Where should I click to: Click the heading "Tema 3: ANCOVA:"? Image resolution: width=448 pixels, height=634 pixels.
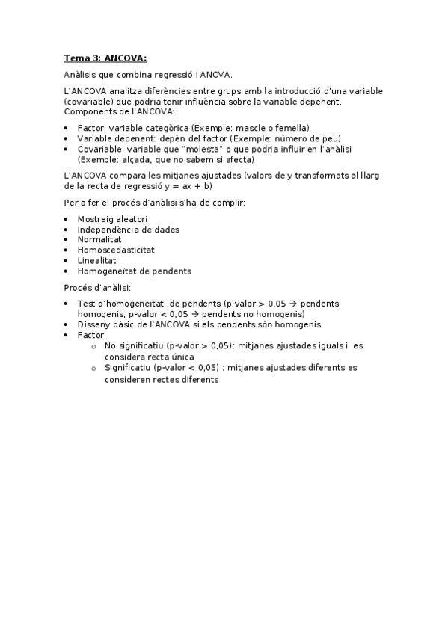[105, 58]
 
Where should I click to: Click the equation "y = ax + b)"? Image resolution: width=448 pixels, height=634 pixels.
[188, 186]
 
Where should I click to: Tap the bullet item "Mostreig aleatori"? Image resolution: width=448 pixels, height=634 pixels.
[112, 219]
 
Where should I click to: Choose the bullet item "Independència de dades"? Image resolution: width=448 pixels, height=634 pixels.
[128, 230]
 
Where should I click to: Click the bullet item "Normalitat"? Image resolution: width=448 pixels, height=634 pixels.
[100, 240]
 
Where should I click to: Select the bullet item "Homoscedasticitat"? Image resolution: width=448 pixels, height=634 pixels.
[116, 250]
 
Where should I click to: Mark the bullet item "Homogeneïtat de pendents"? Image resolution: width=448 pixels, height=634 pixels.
[134, 271]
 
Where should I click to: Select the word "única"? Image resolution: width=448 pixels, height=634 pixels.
[189, 357]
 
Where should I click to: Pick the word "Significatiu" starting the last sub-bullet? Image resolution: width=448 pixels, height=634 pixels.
[128, 369]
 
